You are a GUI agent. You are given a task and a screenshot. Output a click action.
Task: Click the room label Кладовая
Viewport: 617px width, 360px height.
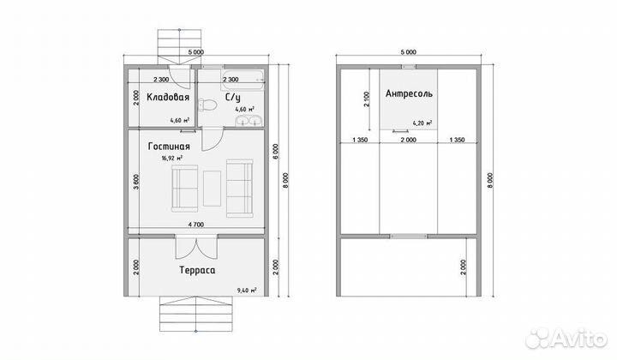coord(168,97)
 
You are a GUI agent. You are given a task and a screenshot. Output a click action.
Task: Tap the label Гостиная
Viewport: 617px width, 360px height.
coord(169,147)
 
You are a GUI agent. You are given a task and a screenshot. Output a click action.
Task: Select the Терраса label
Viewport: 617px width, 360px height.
coord(197,271)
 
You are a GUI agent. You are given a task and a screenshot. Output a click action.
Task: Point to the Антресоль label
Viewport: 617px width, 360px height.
coord(409,93)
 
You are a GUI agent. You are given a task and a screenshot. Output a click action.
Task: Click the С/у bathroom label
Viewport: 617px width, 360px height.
coord(232,97)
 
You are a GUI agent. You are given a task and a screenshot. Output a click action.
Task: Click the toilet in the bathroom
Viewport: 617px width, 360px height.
coord(207,105)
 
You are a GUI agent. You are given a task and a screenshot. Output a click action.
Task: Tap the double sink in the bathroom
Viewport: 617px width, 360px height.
coord(249,120)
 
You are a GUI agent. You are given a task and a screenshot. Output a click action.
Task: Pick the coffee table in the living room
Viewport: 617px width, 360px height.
coord(213,188)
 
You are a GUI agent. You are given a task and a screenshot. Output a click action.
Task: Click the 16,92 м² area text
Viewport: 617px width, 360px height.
coord(171,159)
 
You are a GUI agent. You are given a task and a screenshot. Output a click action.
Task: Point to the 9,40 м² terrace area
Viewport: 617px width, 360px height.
coord(247,291)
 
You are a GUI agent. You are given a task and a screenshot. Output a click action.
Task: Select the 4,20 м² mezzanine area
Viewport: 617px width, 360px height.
coord(422,123)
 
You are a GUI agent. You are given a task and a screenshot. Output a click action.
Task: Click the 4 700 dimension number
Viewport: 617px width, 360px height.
coord(196,225)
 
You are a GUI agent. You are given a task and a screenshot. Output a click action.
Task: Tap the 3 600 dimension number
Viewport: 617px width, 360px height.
coord(135,183)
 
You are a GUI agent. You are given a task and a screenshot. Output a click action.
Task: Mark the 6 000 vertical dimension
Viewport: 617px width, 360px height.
coord(276,152)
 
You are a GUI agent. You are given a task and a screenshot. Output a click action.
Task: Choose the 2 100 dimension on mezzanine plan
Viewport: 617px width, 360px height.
coord(367,99)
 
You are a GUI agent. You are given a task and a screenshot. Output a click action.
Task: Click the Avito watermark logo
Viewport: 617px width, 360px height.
coord(566,339)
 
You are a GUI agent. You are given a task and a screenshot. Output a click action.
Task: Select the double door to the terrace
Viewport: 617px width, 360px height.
coord(196,247)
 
